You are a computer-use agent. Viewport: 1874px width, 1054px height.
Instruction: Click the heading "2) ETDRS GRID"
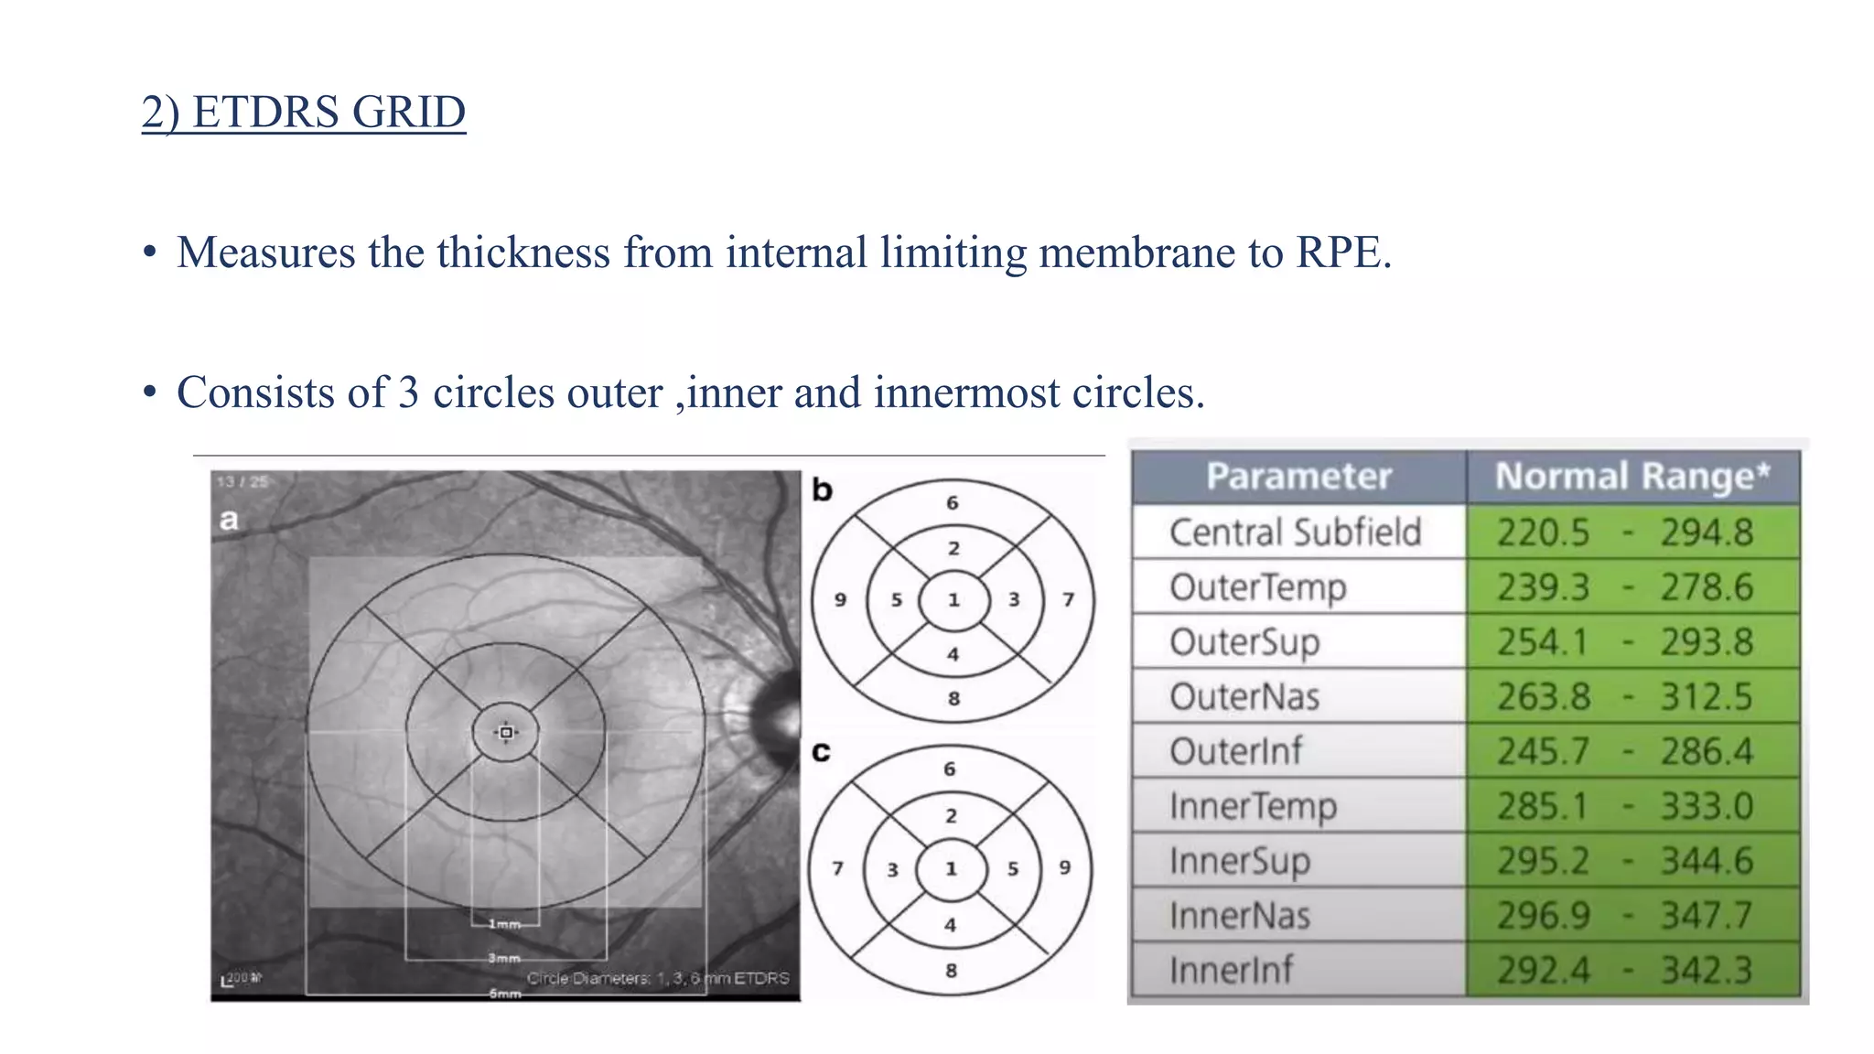pos(303,113)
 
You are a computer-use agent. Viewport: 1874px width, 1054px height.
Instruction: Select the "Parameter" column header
pos(1298,477)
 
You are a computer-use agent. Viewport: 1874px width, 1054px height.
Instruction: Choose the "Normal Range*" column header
pos(1632,477)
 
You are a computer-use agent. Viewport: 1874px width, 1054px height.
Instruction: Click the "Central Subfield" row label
pos(1295,532)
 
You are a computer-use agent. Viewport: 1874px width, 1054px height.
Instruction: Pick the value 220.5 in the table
pos(1543,532)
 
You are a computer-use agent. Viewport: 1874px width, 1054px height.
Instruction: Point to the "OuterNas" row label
pos(1244,696)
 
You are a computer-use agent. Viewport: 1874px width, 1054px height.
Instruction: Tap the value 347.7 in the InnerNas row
pos(1707,915)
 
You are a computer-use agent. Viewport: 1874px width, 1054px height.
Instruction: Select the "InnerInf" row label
pos(1231,970)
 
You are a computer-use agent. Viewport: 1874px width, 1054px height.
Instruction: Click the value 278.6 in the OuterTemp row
pos(1707,587)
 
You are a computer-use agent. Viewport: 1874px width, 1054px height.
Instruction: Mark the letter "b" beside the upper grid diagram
pos(822,490)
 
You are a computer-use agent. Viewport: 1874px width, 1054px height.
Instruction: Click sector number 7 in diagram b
pos(1068,599)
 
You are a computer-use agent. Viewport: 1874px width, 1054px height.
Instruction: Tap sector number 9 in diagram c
pos(1064,866)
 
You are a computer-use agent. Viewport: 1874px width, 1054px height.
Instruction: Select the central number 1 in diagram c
pos(952,868)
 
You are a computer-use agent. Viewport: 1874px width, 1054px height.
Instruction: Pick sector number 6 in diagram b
pos(953,502)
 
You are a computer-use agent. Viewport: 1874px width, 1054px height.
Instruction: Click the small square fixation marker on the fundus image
pos(506,732)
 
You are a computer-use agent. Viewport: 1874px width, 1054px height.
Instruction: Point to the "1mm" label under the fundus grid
pos(504,924)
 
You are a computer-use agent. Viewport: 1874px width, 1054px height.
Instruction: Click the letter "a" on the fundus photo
pos(229,520)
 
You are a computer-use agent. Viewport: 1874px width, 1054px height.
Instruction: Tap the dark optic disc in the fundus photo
pos(778,718)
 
